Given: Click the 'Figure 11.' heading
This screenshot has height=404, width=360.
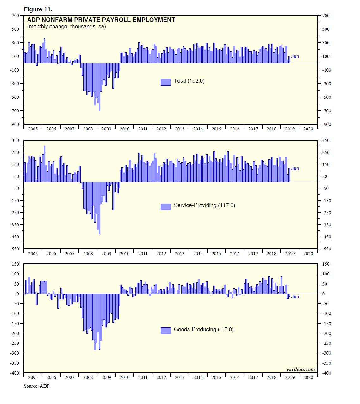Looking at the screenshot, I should click(38, 9).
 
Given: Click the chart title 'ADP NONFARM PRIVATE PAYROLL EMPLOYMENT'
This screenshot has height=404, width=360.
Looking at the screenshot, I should click(101, 20).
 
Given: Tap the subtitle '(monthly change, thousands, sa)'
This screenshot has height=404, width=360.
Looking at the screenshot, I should click(66, 27).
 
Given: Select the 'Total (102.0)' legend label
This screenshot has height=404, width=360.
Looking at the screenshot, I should click(189, 81).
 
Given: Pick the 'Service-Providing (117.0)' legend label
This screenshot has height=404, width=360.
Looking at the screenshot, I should click(204, 205).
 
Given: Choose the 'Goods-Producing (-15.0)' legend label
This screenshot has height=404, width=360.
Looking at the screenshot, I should click(204, 330).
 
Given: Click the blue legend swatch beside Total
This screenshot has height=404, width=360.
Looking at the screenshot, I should click(166, 82).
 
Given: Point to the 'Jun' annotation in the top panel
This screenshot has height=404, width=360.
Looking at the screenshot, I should click(295, 56).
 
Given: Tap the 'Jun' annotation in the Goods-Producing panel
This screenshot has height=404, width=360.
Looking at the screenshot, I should click(295, 297).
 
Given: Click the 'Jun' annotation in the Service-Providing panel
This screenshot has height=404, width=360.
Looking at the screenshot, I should click(295, 168).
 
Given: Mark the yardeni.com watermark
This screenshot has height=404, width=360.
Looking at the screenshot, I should click(301, 369).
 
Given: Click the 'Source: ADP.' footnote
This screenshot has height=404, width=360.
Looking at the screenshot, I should click(37, 386).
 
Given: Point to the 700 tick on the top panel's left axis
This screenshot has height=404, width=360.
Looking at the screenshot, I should click(16, 16).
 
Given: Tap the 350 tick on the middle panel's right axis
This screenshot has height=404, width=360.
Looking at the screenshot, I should click(326, 140).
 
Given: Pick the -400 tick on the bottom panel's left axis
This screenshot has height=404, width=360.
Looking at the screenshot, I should click(15, 373).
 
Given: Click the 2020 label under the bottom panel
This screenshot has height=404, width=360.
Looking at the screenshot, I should click(308, 377).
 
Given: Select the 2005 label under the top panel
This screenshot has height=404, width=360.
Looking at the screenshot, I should click(33, 129).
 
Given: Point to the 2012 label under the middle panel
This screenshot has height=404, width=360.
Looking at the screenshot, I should click(161, 254).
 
